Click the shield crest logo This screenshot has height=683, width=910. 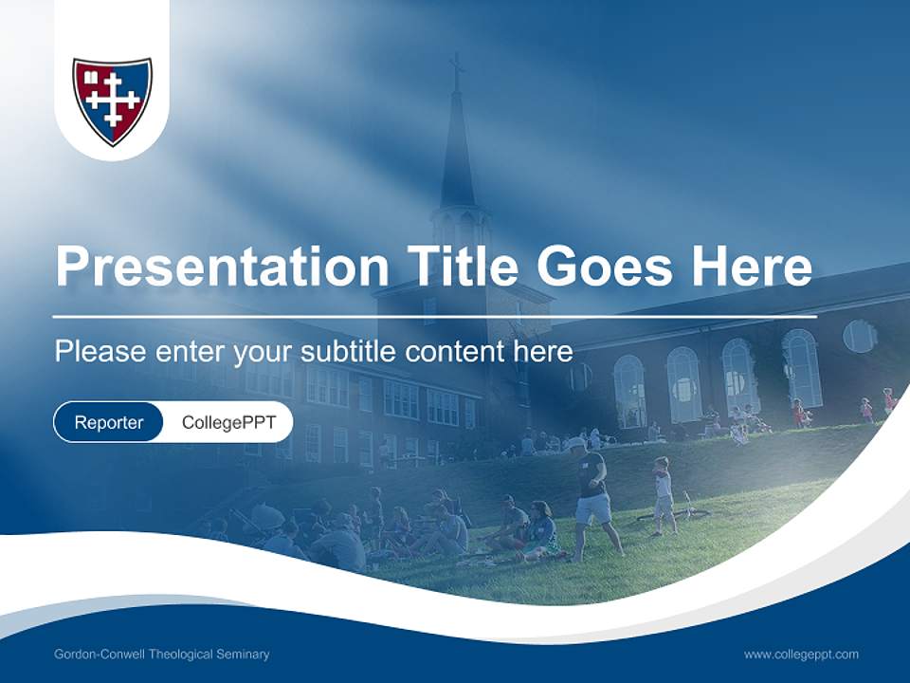click(x=112, y=101)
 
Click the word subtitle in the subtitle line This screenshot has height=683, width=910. click(x=350, y=352)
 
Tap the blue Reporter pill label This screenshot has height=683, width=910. click(x=109, y=423)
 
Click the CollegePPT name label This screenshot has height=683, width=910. click(x=228, y=423)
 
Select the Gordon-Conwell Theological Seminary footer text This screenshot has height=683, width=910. click(x=162, y=655)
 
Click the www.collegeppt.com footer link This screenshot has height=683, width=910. click(x=801, y=655)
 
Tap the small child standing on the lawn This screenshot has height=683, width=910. click(x=663, y=495)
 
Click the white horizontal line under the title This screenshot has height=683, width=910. click(x=434, y=316)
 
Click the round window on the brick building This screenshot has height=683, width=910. click(x=859, y=336)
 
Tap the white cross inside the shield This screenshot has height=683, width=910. click(x=111, y=98)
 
